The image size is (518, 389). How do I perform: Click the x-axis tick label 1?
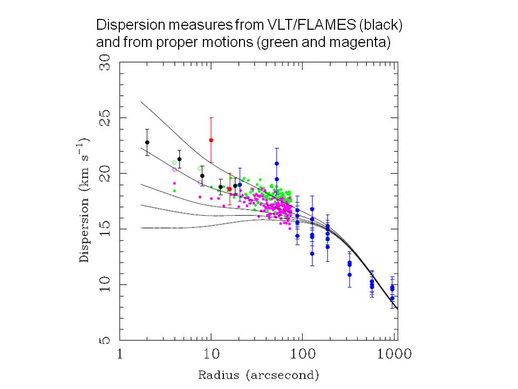pos(120,354)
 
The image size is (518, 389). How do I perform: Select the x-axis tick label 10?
pos(211,354)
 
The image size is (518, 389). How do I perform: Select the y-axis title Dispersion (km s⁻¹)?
pos(85,200)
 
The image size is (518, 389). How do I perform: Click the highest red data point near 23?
pos(211,140)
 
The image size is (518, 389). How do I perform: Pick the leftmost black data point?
pos(147,142)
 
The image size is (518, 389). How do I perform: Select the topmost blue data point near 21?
pos(276,163)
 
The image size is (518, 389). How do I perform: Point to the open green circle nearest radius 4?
pos(174,163)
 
